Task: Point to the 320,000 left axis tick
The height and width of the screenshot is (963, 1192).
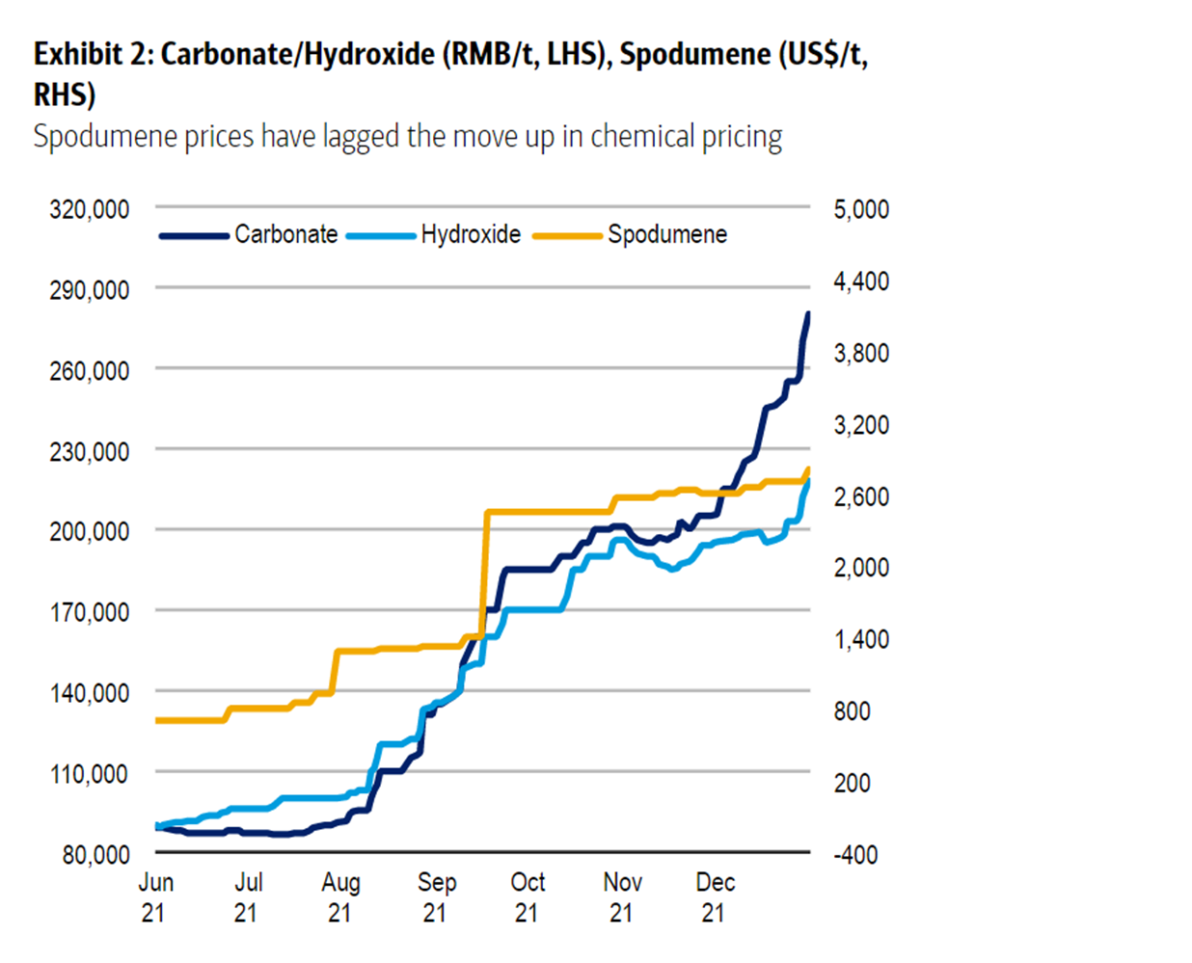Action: (90, 209)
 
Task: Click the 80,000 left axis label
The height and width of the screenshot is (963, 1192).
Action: (96, 854)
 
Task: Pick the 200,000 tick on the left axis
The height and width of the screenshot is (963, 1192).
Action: (90, 531)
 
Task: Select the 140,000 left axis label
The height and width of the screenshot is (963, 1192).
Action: (90, 692)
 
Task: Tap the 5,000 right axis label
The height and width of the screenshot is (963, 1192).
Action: (861, 209)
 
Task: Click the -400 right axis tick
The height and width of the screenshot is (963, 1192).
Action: (855, 854)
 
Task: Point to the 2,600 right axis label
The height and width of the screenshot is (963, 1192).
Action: (861, 496)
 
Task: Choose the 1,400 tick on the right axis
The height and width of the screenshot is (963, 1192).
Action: (861, 639)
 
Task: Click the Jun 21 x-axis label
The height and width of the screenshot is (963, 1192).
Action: (155, 896)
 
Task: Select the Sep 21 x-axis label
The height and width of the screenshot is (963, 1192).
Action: (436, 896)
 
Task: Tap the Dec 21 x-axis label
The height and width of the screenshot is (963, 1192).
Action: (715, 896)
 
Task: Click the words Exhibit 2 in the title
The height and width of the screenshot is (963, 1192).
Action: (91, 54)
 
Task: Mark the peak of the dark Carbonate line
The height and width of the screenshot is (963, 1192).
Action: (807, 313)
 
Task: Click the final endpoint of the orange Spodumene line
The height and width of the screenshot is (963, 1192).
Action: (807, 469)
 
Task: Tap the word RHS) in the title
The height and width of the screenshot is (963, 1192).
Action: (65, 94)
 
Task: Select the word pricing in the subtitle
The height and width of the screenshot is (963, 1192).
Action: (742, 137)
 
